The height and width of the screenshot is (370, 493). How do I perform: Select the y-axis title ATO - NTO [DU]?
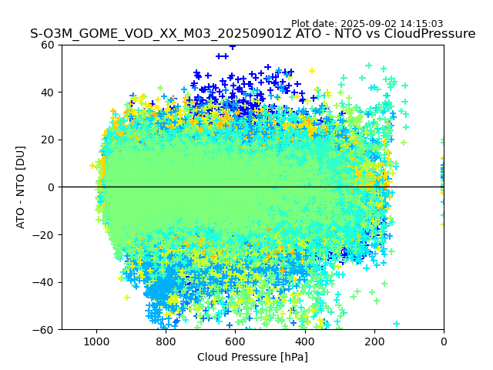click(21, 187)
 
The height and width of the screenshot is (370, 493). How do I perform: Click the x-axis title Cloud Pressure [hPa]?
click(253, 357)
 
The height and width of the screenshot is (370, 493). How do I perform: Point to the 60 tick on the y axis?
click(46, 45)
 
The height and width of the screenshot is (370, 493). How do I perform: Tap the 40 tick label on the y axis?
click(46, 92)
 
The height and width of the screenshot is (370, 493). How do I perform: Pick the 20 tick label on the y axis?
click(46, 140)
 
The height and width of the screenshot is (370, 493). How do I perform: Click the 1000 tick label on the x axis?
click(96, 341)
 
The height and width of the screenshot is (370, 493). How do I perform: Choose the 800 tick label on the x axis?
click(166, 341)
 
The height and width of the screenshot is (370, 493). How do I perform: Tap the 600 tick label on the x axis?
click(235, 341)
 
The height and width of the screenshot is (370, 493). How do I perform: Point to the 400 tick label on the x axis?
click(304, 341)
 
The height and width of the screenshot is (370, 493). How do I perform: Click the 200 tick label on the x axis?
click(374, 341)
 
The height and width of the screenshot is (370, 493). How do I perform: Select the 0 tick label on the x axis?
click(444, 341)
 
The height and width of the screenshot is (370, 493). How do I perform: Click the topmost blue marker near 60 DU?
click(233, 46)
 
